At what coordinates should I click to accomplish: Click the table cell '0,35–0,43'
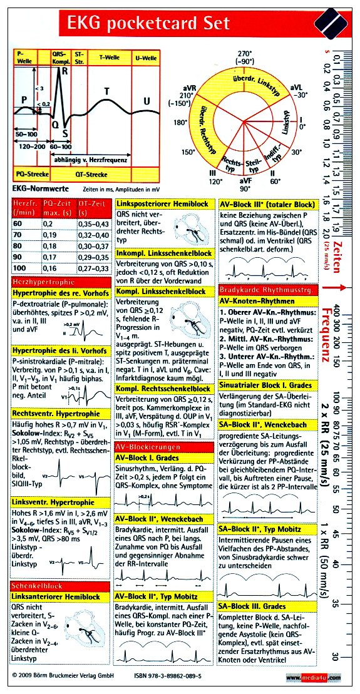click(95, 223)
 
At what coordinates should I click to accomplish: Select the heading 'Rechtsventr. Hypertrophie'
click(56, 414)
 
